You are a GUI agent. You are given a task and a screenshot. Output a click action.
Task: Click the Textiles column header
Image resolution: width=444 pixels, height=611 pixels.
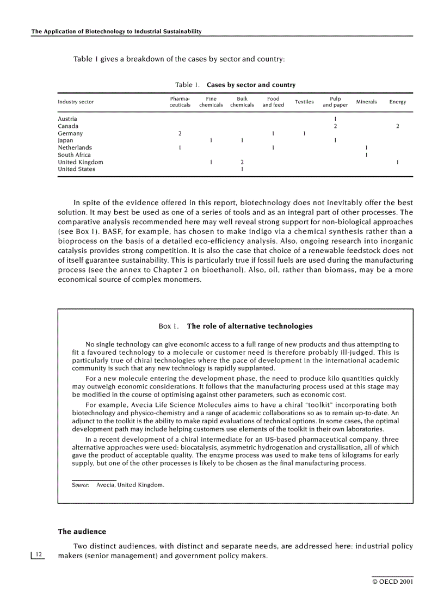304,102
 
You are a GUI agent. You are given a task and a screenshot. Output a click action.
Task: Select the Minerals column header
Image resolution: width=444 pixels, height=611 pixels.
366,102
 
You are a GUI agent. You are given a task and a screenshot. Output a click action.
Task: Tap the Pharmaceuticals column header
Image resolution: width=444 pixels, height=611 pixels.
180,102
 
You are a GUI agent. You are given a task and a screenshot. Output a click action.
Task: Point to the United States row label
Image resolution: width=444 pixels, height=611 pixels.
76,169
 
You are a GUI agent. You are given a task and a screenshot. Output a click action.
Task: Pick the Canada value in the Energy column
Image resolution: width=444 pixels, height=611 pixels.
397,126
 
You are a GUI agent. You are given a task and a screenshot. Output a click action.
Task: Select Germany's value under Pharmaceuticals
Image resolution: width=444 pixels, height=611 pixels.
180,133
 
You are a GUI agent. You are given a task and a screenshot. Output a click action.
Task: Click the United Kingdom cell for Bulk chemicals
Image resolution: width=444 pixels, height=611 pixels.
242,162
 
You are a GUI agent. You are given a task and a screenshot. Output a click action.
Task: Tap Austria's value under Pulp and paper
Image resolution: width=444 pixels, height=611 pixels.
335,119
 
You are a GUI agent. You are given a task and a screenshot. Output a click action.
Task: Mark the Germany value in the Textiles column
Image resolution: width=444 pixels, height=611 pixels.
304,133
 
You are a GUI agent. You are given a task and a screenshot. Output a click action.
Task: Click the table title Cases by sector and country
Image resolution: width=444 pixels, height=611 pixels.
251,85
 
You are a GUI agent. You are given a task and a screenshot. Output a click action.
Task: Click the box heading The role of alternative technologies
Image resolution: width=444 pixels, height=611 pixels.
249,326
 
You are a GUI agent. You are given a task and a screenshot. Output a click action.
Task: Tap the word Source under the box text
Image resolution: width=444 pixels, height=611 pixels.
81,484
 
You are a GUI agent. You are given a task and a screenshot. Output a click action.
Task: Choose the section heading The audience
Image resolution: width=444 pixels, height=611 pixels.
82,532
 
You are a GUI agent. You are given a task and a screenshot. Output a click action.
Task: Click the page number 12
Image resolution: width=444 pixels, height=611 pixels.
38,554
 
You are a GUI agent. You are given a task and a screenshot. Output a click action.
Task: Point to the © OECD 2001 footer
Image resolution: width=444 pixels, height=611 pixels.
392,582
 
